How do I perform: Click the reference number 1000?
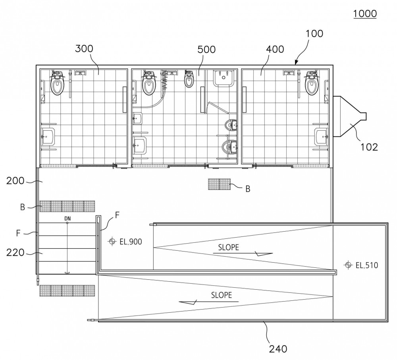pyautogui.click(x=365, y=14)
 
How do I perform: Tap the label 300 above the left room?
pyautogui.click(x=84, y=48)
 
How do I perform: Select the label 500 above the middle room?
pyautogui.click(x=206, y=49)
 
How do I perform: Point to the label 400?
pyautogui.click(x=275, y=49)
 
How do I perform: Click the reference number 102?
pyautogui.click(x=369, y=147)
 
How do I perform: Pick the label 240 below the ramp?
pyautogui.click(x=278, y=349)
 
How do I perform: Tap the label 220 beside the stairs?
pyautogui.click(x=15, y=253)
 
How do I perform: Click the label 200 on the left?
pyautogui.click(x=15, y=181)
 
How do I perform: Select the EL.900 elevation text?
pyautogui.click(x=131, y=242)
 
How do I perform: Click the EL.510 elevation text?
pyautogui.click(x=367, y=265)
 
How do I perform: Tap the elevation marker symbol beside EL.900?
pyautogui.click(x=112, y=241)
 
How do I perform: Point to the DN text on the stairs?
pyautogui.click(x=67, y=219)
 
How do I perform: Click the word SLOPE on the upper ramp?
pyautogui.click(x=229, y=247)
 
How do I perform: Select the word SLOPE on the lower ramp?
pyautogui.click(x=222, y=295)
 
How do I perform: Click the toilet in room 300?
pyautogui.click(x=58, y=83)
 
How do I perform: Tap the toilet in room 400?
pyautogui.click(x=312, y=83)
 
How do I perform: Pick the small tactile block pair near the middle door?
pyautogui.click(x=219, y=184)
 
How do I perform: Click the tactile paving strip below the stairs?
pyautogui.click(x=67, y=290)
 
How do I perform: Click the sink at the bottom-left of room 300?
pyautogui.click(x=48, y=137)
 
